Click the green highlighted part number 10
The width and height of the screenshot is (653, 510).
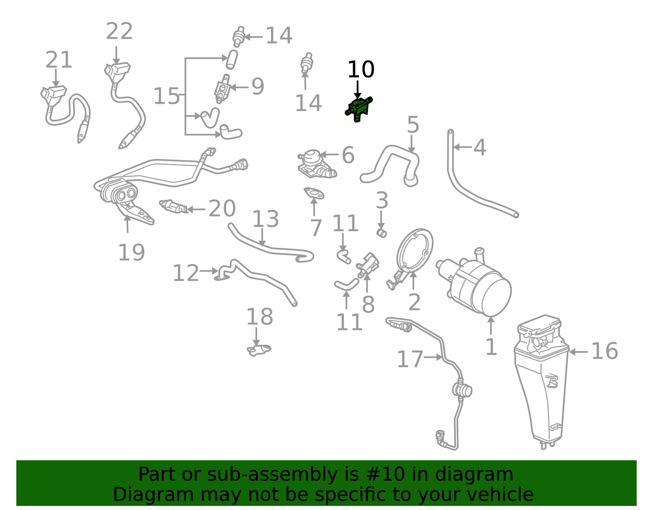pos(358,109)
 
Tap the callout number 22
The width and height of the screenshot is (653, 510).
pos(119,31)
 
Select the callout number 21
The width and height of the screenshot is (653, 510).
pos(59,60)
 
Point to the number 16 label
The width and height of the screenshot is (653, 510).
pos(604,351)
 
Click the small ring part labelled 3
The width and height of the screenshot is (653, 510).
pos(382,233)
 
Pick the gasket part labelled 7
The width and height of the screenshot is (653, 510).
pos(314,193)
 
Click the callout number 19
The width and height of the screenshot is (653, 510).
pos(132,252)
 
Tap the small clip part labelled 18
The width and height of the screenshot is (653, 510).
pos(259,350)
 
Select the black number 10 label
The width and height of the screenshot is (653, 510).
pos(361,69)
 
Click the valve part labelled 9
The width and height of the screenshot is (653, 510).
pos(223,89)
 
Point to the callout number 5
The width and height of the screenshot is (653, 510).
pos(413,125)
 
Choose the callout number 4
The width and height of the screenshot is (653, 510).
pos(480,147)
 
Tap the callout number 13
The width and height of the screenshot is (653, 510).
pos(266,219)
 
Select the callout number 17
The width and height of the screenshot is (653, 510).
pos(410,359)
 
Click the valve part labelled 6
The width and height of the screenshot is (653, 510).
pos(316,164)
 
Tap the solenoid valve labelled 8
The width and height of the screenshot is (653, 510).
pos(368,265)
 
